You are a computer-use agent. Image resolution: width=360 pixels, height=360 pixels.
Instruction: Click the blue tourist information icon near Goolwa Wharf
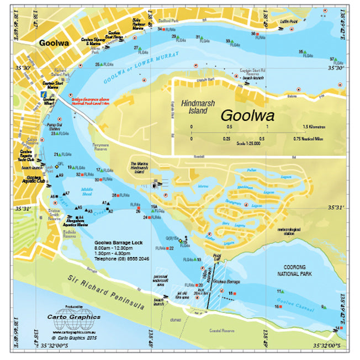[43, 96]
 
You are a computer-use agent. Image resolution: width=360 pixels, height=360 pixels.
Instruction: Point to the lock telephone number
[121, 258]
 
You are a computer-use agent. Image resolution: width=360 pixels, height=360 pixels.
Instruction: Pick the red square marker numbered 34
[164, 29]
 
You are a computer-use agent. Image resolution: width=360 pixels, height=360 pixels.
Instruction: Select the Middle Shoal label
[87, 193]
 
